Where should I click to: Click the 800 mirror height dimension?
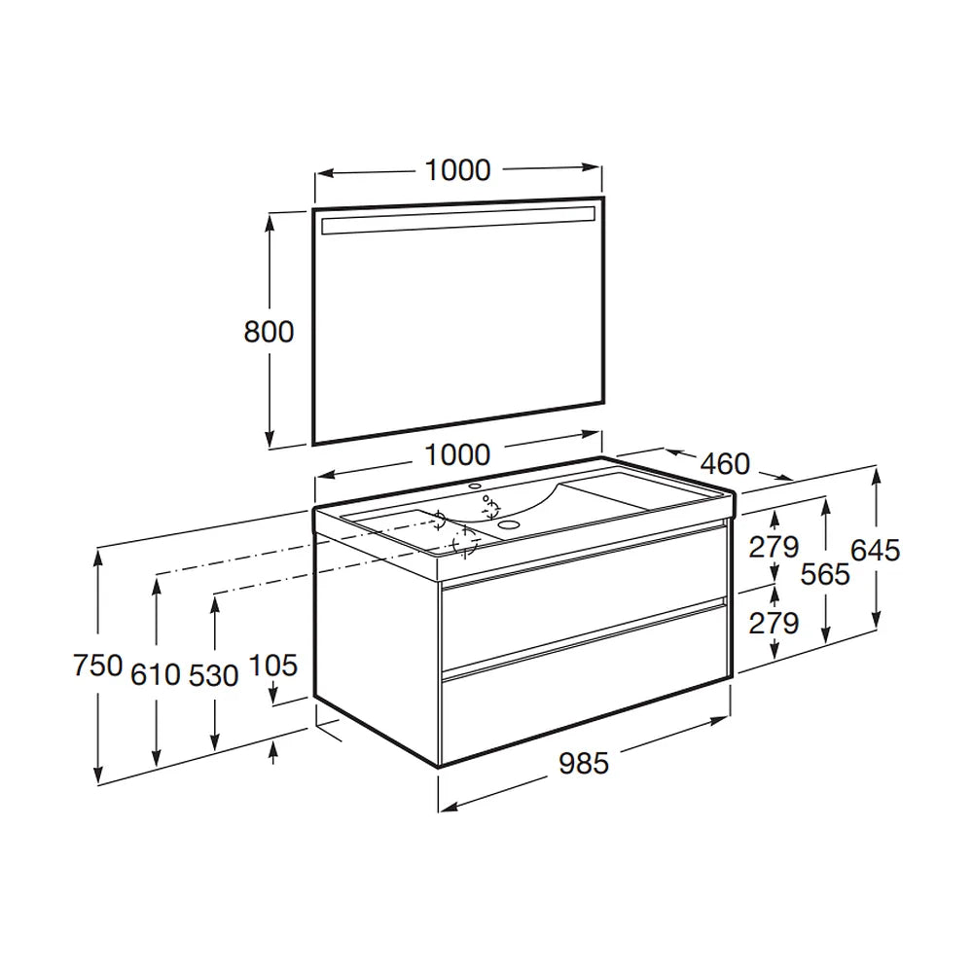269,332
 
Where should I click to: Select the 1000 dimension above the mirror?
457,170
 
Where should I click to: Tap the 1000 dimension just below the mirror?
457,455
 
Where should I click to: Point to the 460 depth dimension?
725,463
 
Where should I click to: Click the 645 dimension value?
875,551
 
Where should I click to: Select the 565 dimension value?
825,575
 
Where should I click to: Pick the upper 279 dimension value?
774,547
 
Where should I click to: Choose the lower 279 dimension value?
774,623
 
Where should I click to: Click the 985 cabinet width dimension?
584,763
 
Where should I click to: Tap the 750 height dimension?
98,666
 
